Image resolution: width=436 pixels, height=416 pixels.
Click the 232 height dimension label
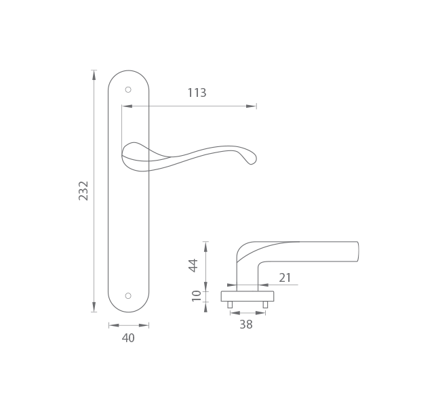click(x=83, y=190)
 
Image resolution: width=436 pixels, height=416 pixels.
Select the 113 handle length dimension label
click(x=197, y=93)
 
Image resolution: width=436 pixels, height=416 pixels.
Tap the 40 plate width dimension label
click(x=128, y=338)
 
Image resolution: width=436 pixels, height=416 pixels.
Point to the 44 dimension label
click(x=193, y=266)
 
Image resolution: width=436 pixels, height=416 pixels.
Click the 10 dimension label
click(x=197, y=295)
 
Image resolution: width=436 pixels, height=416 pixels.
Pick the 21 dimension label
click(x=285, y=278)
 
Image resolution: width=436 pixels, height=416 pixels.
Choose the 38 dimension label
click(x=246, y=325)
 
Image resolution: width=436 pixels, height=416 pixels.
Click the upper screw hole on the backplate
click(x=128, y=89)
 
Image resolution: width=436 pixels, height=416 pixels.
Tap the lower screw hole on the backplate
click(x=128, y=295)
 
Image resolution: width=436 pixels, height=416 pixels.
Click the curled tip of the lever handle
click(x=252, y=160)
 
